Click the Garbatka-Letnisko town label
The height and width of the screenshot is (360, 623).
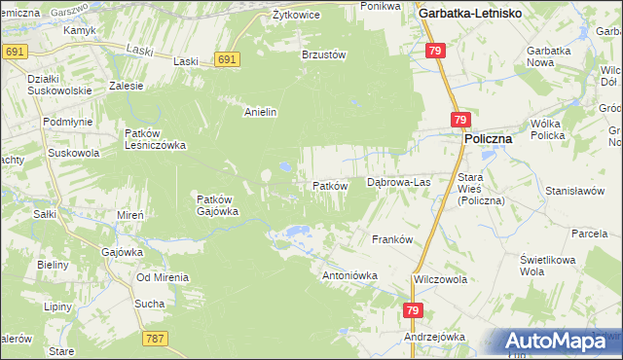coord(470,14)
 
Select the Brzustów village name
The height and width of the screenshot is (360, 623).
coord(324,55)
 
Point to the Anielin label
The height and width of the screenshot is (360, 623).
coord(261,112)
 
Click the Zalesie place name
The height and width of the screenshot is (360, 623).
coord(127,86)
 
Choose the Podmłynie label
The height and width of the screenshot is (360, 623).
coord(68,121)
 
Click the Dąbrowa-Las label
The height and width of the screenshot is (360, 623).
coord(397,182)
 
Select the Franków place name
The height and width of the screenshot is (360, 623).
coord(393,238)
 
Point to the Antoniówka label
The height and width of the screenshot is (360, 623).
coord(349,275)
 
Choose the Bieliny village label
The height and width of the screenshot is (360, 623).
coord(52,264)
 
